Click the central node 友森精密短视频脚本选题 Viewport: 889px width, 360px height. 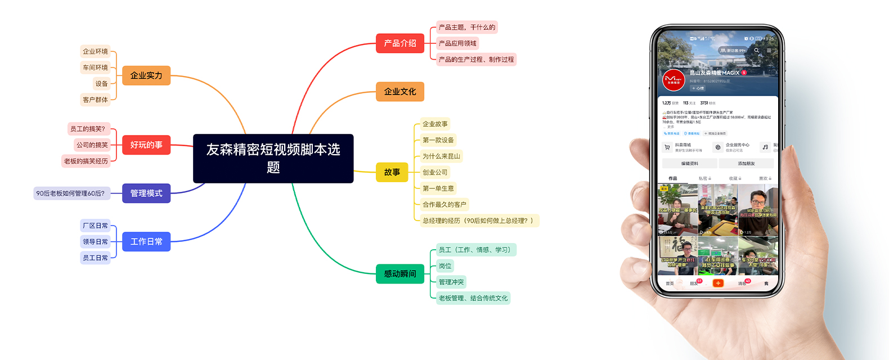click(x=273, y=158)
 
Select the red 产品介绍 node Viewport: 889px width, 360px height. click(x=400, y=43)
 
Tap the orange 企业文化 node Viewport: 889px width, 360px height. click(x=400, y=92)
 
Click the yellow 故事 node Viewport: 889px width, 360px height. click(x=392, y=172)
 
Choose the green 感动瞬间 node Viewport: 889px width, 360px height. click(x=400, y=274)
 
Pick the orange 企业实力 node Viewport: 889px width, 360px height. click(x=146, y=75)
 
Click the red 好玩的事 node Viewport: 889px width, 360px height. click(x=146, y=145)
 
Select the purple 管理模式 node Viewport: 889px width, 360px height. click(x=146, y=193)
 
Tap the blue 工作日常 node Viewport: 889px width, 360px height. click(x=146, y=242)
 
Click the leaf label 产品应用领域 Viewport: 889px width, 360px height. click(x=457, y=43)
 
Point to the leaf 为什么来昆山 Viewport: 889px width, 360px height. click(x=442, y=156)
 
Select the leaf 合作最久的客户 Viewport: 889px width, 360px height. click(x=444, y=205)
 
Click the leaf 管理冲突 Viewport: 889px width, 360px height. click(x=451, y=282)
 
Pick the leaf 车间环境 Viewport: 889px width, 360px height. click(x=95, y=67)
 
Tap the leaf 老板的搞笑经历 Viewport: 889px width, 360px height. click(x=86, y=161)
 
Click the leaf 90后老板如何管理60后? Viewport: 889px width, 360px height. click(x=70, y=193)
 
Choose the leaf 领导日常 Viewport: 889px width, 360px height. click(x=95, y=242)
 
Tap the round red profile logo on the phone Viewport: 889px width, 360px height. click(x=674, y=80)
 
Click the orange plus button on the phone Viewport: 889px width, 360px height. click(x=718, y=283)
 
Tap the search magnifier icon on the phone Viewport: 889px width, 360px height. click(x=757, y=51)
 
